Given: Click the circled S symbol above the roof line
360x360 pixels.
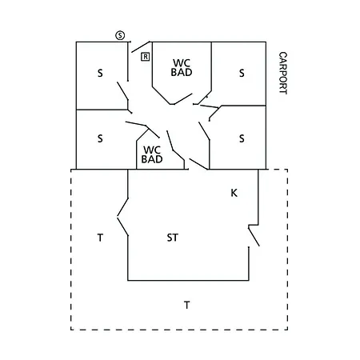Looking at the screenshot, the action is point(120,35).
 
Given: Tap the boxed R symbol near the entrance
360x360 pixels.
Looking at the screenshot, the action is point(146,57).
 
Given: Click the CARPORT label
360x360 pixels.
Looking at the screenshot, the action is point(283,73).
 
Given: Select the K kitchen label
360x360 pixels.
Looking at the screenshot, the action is point(234,193).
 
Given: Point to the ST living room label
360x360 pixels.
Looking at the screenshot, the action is point(172,238).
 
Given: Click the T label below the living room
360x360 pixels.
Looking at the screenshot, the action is point(187,305).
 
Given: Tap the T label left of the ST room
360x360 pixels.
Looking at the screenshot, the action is point(100,238).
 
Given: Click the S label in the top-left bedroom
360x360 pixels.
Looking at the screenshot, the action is point(100,73).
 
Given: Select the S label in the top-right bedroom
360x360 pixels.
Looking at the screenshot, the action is point(242,73).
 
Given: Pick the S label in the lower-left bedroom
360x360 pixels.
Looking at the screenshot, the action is point(100,138).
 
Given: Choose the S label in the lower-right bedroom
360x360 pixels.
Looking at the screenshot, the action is point(242,138).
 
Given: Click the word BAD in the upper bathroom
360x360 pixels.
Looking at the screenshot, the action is point(182,72).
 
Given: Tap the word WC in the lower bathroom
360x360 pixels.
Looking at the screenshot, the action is point(152,150).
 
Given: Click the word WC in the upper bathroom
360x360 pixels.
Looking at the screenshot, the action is point(182,63).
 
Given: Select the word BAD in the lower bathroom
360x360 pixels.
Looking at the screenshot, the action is point(152,159).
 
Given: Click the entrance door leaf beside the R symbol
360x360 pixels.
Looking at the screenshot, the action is point(141,47).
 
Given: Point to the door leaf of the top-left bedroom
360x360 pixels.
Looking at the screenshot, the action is point(122,91).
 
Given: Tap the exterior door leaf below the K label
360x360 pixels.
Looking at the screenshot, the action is point(254,236).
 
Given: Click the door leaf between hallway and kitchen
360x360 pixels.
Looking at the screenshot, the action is point(198,164).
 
